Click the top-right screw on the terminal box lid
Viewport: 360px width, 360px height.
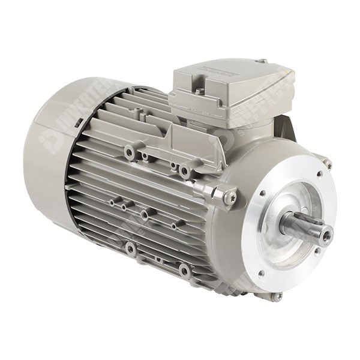pyautogui.click(x=262, y=61)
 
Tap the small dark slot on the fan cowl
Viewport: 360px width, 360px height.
pyautogui.click(x=79, y=122)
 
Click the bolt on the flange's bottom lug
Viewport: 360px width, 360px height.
pyautogui.click(x=277, y=296)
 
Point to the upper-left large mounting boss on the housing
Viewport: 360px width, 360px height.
pyautogui.click(x=129, y=151)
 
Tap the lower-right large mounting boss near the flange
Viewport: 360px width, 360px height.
pyautogui.click(x=185, y=271)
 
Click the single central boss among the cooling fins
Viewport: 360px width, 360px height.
pyautogui.click(x=145, y=214)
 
